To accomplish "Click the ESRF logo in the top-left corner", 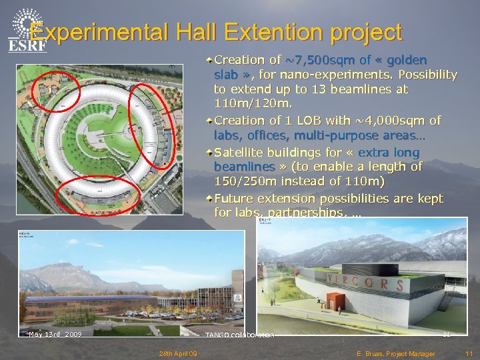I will pos(27,30).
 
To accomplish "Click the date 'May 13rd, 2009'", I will pos(55,334).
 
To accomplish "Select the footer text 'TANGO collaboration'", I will pos(239,335).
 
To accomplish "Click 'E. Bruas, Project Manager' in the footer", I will pos(396,353).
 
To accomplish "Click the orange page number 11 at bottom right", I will pos(469,353).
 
